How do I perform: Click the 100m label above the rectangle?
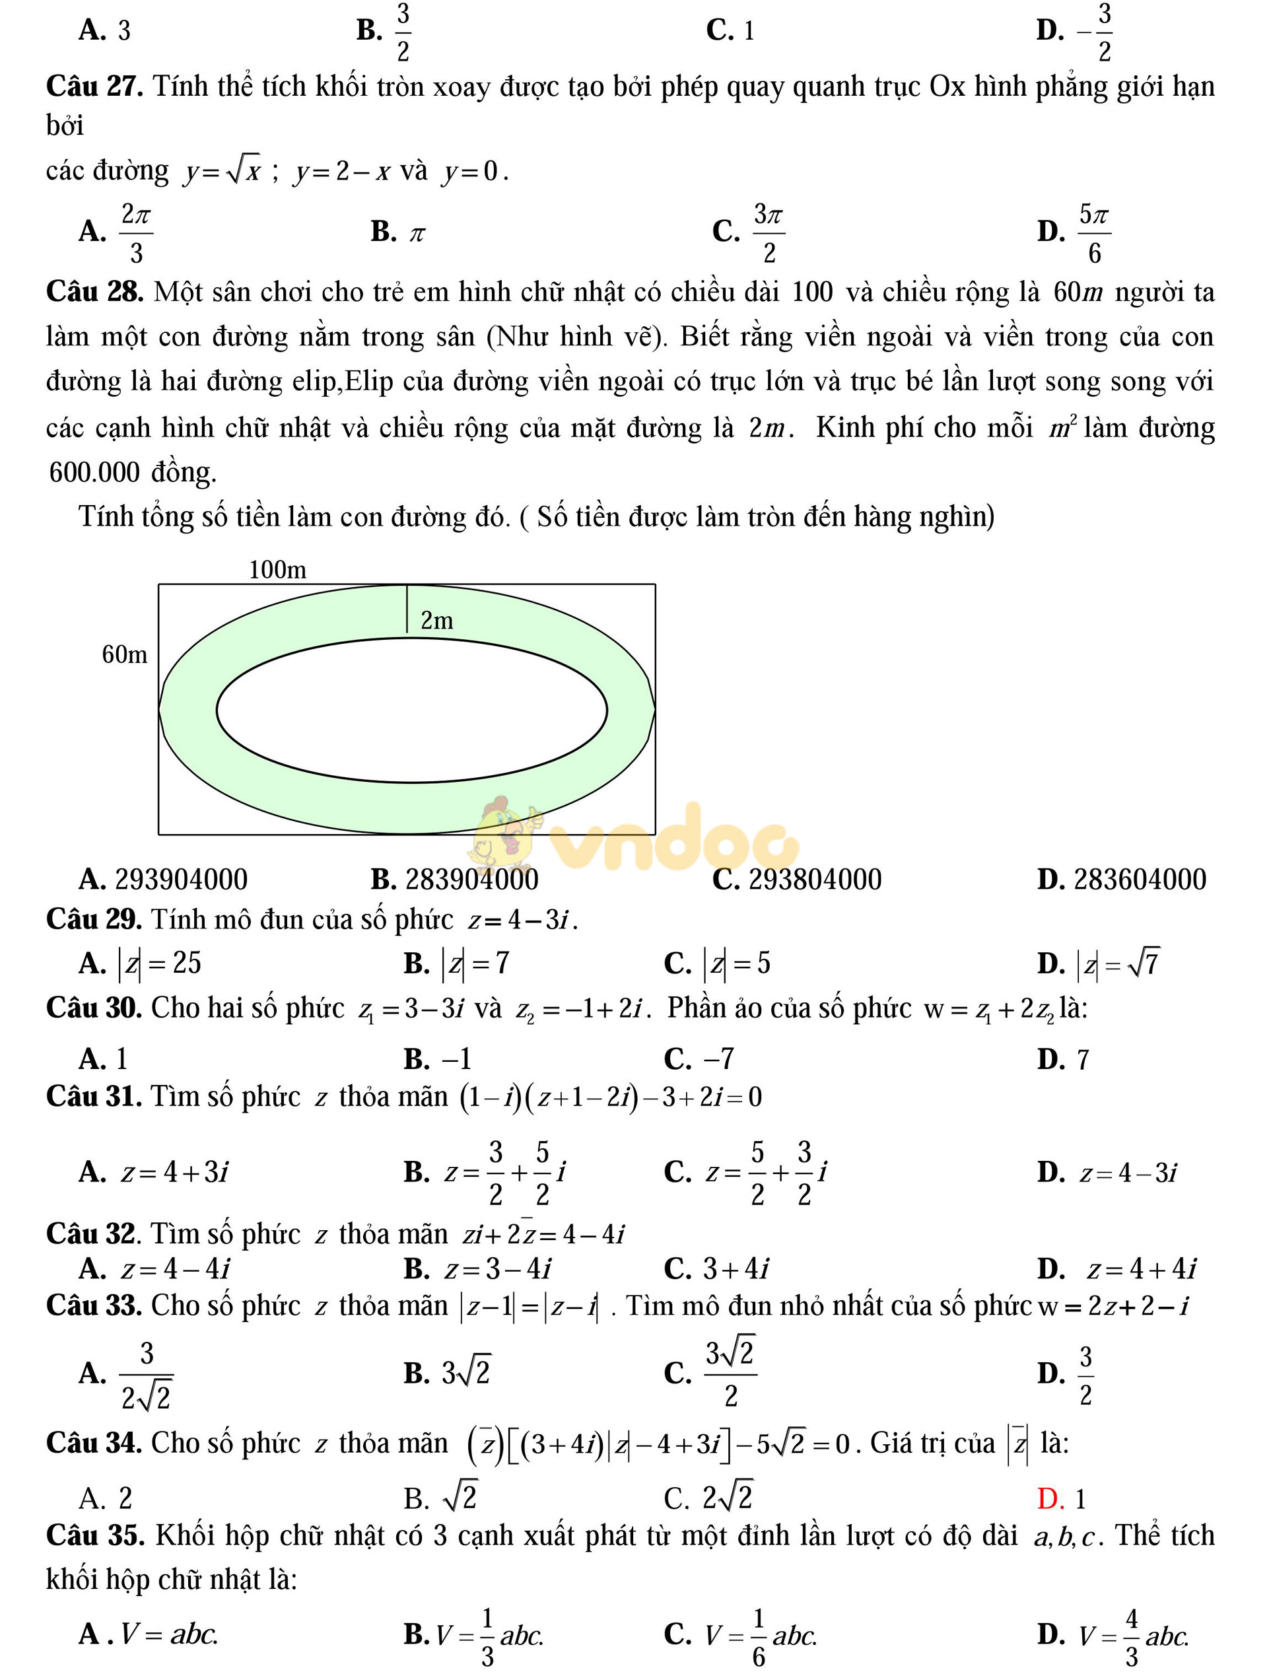[277, 569]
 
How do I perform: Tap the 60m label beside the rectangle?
[125, 654]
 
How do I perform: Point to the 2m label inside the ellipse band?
[436, 621]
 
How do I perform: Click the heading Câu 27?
[94, 86]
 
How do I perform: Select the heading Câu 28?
[94, 292]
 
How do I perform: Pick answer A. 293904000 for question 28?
[163, 879]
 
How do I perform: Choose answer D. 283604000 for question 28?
[1121, 879]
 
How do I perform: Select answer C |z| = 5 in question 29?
[716, 963]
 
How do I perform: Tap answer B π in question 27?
[397, 232]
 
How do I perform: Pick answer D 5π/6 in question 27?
[1074, 232]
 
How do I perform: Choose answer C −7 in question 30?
[699, 1059]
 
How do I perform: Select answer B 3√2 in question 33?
[447, 1374]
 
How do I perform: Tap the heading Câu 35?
[94, 1536]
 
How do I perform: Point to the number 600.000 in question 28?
[94, 472]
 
